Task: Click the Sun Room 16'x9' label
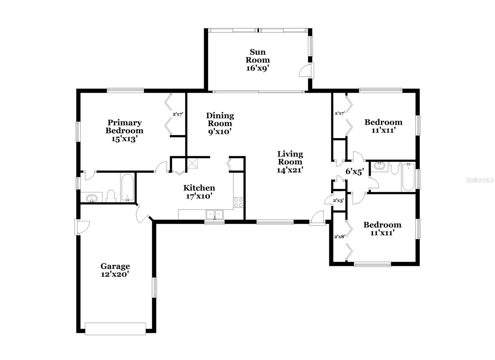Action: pos(257,60)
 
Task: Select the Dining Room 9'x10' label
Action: pos(220,124)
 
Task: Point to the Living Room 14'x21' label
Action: pos(290,162)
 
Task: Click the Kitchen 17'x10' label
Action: pos(199,192)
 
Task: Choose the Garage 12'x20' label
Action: pos(115,270)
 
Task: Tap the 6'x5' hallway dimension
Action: pos(355,171)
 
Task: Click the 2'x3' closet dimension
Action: pos(338,201)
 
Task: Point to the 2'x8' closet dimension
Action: pos(340,236)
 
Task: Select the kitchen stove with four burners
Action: pos(239,202)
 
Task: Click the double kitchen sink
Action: pos(214,214)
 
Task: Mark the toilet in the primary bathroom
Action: pos(111,196)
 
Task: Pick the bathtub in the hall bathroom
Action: pos(408,177)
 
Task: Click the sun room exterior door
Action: pos(307,70)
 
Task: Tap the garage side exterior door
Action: pos(82,227)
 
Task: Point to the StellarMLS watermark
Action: pos(480,180)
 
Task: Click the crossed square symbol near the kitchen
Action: pos(192,163)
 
